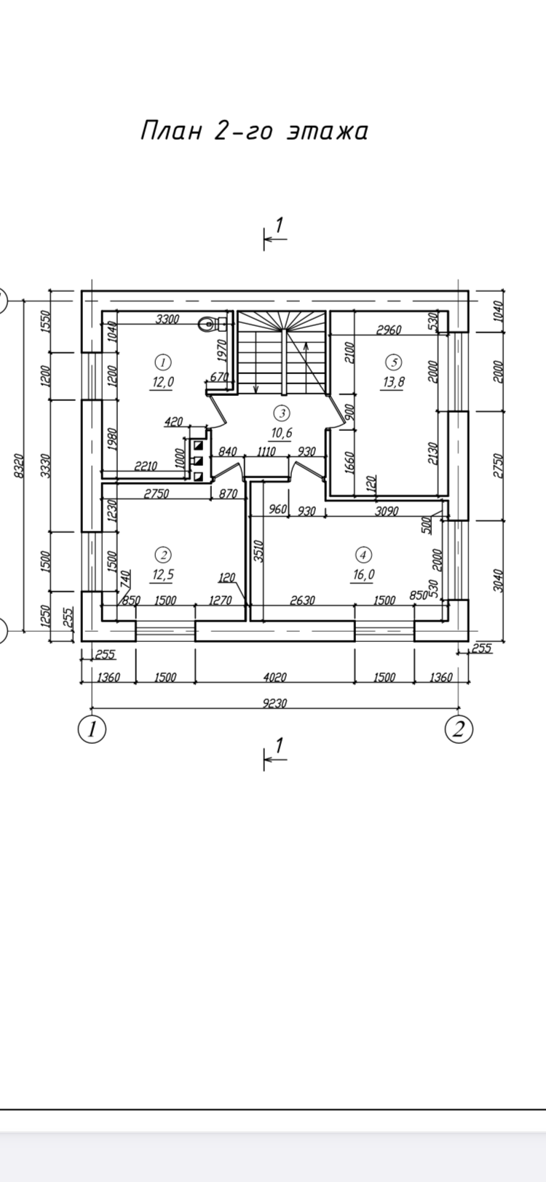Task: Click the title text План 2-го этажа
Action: pos(254,131)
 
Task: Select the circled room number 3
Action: pos(281,413)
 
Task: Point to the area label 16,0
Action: pos(363,574)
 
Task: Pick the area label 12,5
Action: pos(162,574)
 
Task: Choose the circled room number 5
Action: pos(393,361)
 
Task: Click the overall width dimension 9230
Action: pos(274,704)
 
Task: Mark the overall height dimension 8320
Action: pos(19,467)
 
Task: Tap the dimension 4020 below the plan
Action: pos(274,677)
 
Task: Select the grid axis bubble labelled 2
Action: pos(459,729)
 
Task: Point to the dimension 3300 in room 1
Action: pos(168,318)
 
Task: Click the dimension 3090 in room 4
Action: pos(386,511)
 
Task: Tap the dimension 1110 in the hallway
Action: pos(266,452)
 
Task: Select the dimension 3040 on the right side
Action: pos(499,580)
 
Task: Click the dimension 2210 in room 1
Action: pos(146,466)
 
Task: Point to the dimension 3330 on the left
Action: pos(46,465)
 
